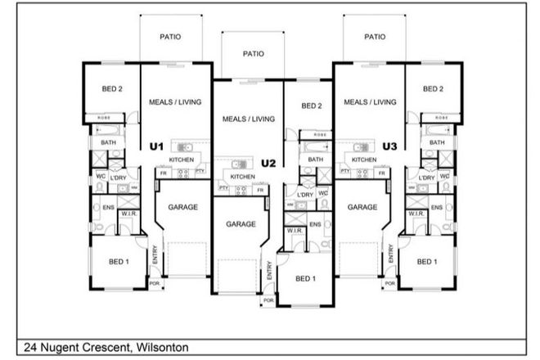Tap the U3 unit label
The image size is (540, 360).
(x=389, y=146)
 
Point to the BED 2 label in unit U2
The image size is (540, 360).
(x=312, y=106)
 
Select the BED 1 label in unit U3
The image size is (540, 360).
(x=425, y=261)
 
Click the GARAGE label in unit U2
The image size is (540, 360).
(x=241, y=223)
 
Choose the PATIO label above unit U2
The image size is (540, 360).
(x=254, y=53)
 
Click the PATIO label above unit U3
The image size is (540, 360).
(x=375, y=37)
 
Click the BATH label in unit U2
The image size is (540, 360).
(x=316, y=160)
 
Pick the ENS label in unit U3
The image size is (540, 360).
(x=437, y=207)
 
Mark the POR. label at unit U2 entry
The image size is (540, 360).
(x=266, y=301)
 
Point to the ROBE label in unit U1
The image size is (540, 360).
(x=105, y=118)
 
